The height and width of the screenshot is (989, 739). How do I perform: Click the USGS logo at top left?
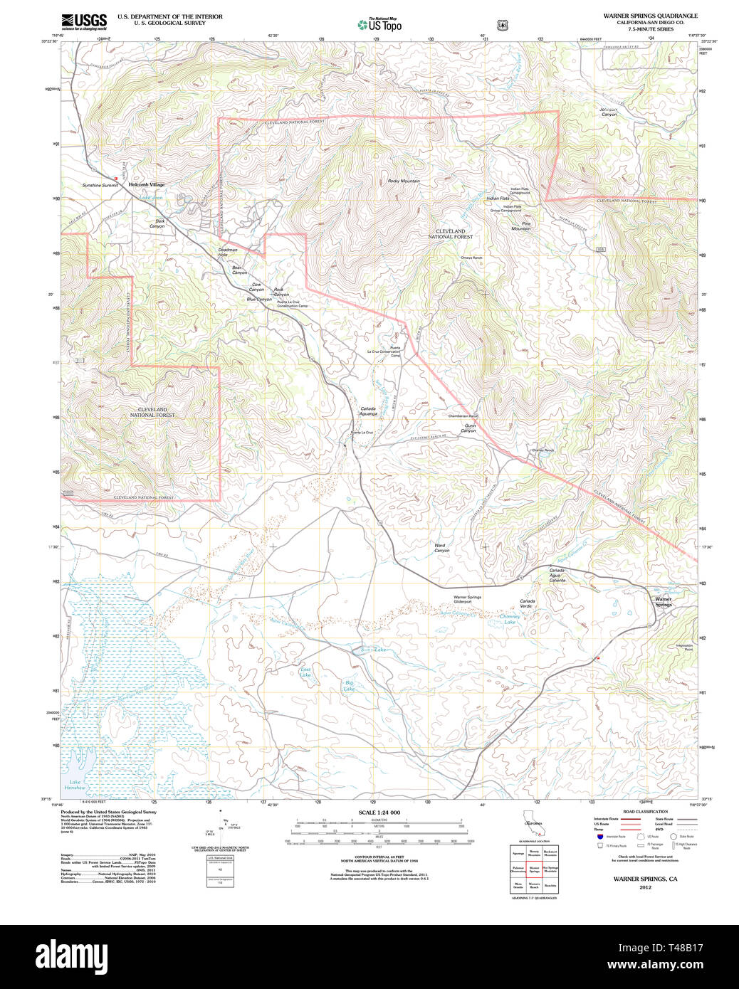point(83,21)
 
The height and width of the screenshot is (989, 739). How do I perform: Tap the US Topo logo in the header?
point(379,25)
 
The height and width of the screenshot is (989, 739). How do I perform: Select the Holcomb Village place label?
point(146,185)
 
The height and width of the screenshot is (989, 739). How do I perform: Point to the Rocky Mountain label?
point(404,181)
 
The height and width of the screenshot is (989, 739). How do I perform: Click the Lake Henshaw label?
point(75,786)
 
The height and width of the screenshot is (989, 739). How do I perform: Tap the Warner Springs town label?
point(663,602)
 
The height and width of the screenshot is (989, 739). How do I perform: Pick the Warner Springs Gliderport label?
point(467,599)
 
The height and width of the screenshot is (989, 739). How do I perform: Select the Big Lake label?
point(349,686)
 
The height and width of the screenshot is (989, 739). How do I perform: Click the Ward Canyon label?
point(441,548)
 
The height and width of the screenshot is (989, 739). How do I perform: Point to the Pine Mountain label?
point(521,226)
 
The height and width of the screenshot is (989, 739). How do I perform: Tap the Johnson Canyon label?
point(609,112)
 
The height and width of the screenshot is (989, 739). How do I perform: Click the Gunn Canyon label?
point(469,428)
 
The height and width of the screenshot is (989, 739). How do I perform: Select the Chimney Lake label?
point(510,619)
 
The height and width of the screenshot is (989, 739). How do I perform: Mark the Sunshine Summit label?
point(100,185)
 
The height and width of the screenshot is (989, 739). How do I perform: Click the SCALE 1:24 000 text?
point(379,813)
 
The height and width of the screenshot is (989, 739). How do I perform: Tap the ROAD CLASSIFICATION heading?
point(645,812)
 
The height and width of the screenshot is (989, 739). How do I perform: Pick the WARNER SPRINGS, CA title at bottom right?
point(645,879)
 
